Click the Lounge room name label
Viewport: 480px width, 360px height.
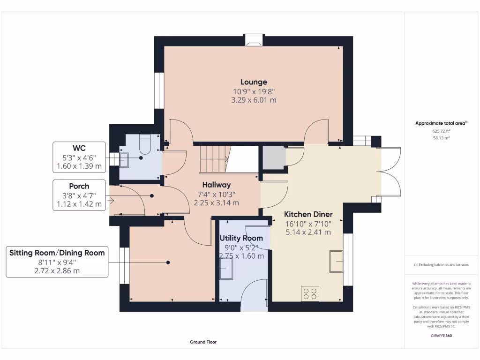pos(254,82)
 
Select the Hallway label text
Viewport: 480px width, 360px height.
pos(217,185)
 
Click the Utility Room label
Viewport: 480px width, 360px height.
pos(241,238)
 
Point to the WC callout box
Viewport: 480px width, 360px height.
pos(79,156)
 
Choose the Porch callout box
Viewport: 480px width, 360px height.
pos(79,195)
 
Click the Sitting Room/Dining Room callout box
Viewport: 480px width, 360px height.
pos(57,262)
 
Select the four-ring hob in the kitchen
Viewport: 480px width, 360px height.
pos(310,294)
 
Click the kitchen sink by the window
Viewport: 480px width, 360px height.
pos(336,262)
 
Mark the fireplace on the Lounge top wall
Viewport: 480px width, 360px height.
pos(254,40)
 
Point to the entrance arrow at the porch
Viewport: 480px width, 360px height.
pos(111,201)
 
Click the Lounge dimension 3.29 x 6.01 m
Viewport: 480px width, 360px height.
pos(254,100)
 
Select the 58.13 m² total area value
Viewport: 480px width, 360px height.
pos(439,138)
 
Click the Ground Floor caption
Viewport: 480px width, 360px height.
pos(203,342)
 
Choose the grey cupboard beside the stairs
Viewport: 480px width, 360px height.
pos(273,157)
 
